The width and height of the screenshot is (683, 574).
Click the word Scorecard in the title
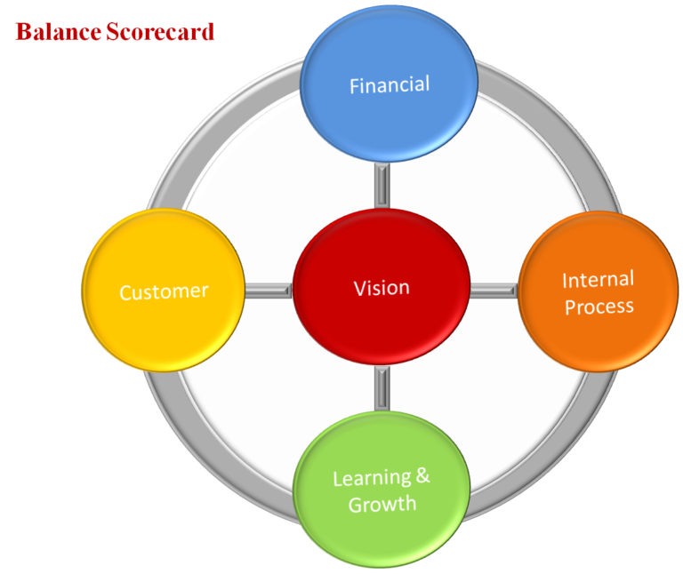point(160,33)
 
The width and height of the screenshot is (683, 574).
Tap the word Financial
point(390,85)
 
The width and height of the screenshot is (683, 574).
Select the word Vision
point(382,288)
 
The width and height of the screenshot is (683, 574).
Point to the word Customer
point(164,291)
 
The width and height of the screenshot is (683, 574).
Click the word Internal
point(598,280)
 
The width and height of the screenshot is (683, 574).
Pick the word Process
point(599,307)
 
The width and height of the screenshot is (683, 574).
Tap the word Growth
point(382,505)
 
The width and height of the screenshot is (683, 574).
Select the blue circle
point(390,53)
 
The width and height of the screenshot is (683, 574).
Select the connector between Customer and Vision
point(268,290)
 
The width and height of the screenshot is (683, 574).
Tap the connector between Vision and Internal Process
point(494,290)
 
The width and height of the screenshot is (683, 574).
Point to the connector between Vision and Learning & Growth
point(382,389)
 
